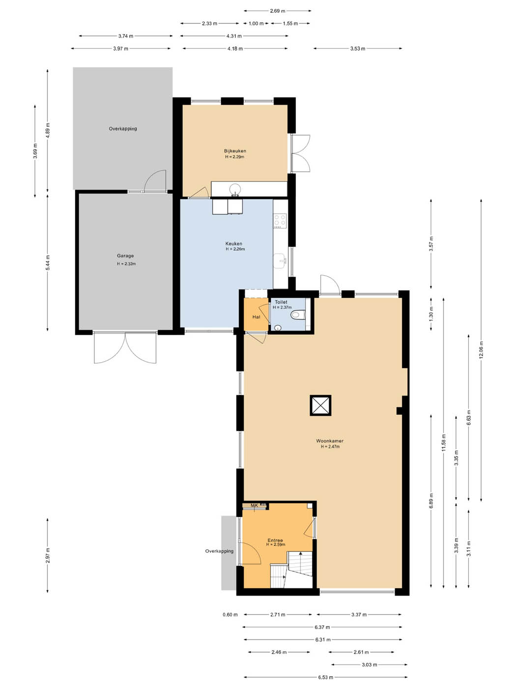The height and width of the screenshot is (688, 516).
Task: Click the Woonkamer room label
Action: pyautogui.click(x=330, y=441)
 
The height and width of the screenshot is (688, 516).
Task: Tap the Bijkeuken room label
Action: pyautogui.click(x=235, y=151)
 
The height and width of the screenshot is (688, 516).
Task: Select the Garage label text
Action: pyautogui.click(x=125, y=256)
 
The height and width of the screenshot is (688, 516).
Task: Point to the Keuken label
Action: pyautogui.click(x=234, y=244)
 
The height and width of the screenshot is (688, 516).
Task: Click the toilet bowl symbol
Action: pyautogui.click(x=298, y=315)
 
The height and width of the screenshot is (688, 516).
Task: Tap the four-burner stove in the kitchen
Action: pyautogui.click(x=280, y=221)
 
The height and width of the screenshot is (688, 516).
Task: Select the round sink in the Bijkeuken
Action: pyautogui.click(x=235, y=189)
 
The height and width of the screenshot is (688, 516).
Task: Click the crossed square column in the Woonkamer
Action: pyautogui.click(x=320, y=405)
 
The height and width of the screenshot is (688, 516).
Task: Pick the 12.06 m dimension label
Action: pyautogui.click(x=481, y=349)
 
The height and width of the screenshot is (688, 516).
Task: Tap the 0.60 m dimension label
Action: pyautogui.click(x=230, y=615)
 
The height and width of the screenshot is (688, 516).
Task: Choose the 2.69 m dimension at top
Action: pyautogui.click(x=278, y=11)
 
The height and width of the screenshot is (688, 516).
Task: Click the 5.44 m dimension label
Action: pyautogui.click(x=48, y=262)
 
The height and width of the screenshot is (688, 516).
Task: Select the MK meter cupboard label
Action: pyautogui.click(x=255, y=506)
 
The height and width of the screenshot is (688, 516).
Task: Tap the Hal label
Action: pyautogui.click(x=256, y=317)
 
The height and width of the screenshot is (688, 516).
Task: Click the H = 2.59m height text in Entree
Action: pyautogui.click(x=276, y=545)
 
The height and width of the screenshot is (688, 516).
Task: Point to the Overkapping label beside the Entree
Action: pyautogui.click(x=219, y=551)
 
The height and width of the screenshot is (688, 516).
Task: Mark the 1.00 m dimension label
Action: pyautogui.click(x=256, y=24)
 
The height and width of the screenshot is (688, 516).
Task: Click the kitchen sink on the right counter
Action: pyautogui.click(x=280, y=261)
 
